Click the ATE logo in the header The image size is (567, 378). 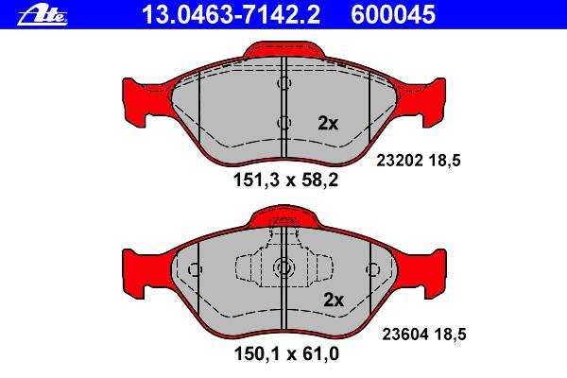[x=43, y=16]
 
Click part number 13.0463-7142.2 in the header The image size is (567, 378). [x=232, y=15]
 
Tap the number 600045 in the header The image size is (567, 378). [x=393, y=15]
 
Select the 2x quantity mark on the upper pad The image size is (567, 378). [x=328, y=124]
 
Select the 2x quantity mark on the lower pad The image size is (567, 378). [x=334, y=300]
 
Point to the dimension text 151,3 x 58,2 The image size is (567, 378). [x=285, y=180]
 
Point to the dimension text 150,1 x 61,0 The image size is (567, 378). [x=286, y=353]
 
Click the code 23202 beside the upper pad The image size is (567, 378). [x=400, y=161]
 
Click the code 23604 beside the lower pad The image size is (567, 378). [x=405, y=335]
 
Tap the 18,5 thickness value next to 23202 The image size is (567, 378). [x=445, y=161]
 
